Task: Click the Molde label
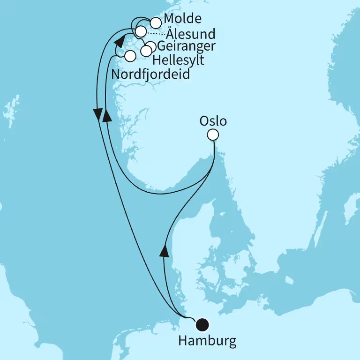(x=183, y=19)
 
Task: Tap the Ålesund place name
(x=191, y=34)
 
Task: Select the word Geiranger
(x=187, y=46)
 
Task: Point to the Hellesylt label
(x=178, y=60)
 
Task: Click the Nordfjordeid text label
(x=150, y=74)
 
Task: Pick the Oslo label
(x=213, y=121)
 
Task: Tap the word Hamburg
(x=207, y=340)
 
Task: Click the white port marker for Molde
(x=155, y=22)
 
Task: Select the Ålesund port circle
(x=141, y=31)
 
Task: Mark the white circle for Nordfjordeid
(x=130, y=56)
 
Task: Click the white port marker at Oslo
(x=213, y=135)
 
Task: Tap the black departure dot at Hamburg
(x=203, y=324)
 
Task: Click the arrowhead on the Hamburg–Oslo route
(x=164, y=251)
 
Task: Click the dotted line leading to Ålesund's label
(x=154, y=33)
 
